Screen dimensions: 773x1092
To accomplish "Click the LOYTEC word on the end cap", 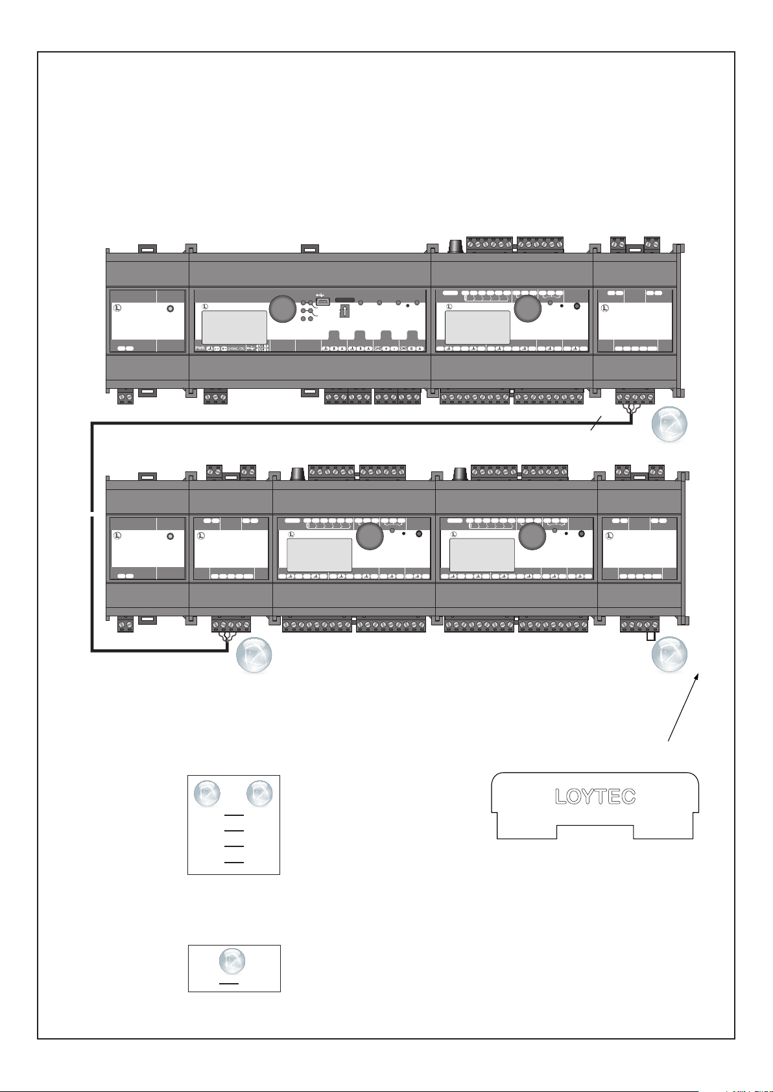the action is pos(595,796).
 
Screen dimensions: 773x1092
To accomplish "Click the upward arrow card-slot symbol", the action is pos(344,311).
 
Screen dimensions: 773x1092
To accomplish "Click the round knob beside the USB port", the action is pos(282,309).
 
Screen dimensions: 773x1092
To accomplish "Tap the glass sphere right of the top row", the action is pos(669,424).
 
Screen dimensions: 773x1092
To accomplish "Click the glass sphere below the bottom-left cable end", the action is pos(254,655).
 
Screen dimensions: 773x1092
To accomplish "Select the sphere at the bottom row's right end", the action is pos(669,655).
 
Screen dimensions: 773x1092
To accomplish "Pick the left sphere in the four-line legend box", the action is pos(208,794).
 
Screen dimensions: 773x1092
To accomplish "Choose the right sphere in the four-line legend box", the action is pos(259,794).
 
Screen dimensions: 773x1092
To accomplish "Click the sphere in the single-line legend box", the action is pos(233,962).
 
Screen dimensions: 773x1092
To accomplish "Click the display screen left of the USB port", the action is pos(234,327).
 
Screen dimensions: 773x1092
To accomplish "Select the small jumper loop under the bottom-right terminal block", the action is pos(650,636).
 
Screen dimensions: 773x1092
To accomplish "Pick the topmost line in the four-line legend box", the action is pos(234,814).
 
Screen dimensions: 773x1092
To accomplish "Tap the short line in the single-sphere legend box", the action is pos(229,984).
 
